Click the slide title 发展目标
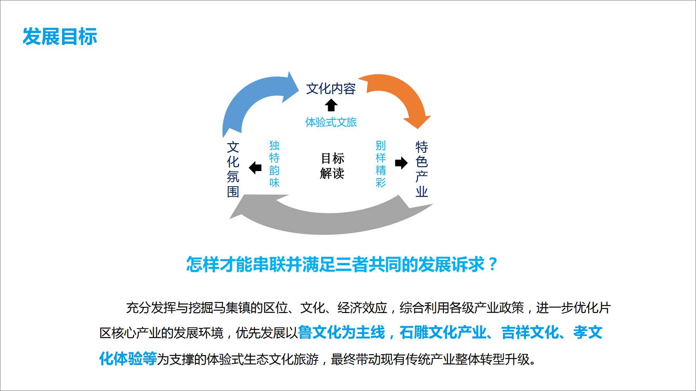pos(60,36)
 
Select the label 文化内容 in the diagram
pos(331,89)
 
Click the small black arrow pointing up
pos(331,105)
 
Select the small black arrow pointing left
pos(255,168)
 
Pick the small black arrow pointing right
pos(401,163)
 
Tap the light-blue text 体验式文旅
pos(331,122)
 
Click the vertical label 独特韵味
pos(275,164)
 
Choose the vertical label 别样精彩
pos(381,164)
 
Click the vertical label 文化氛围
pos(233,170)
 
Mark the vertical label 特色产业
pos(422,170)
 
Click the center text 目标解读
pos(332,166)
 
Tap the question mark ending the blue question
pos(493,265)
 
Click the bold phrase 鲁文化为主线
pos(341,332)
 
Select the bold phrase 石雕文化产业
pos(443,332)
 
